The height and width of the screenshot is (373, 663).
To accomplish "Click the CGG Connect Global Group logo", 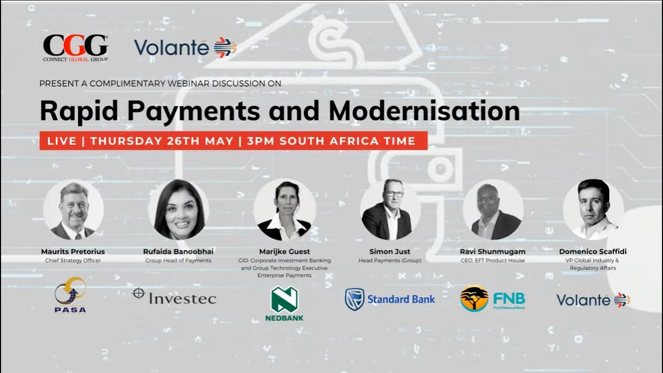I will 75,48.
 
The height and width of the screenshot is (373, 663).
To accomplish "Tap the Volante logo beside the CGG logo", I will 185,47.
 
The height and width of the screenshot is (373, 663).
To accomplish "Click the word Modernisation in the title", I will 424,110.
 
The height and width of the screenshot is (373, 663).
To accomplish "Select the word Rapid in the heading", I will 76,110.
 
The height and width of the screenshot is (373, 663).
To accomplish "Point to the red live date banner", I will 233,141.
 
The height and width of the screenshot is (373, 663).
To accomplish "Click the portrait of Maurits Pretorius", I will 73,210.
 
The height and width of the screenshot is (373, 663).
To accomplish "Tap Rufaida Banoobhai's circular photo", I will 179,210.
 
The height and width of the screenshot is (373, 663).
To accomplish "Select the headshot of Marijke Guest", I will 284,210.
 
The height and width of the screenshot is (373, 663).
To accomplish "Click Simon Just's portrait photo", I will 390,210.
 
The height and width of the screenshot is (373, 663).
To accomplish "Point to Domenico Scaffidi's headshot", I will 593,210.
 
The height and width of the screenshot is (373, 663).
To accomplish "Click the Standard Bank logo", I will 390,299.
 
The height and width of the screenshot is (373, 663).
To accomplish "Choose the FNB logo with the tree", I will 492,299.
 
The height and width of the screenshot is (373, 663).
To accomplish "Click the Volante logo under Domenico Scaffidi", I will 593,300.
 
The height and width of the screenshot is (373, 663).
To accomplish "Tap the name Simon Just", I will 390,252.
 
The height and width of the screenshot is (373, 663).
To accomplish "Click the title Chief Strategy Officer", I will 73,261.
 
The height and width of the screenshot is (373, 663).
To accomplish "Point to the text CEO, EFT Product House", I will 492,261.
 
